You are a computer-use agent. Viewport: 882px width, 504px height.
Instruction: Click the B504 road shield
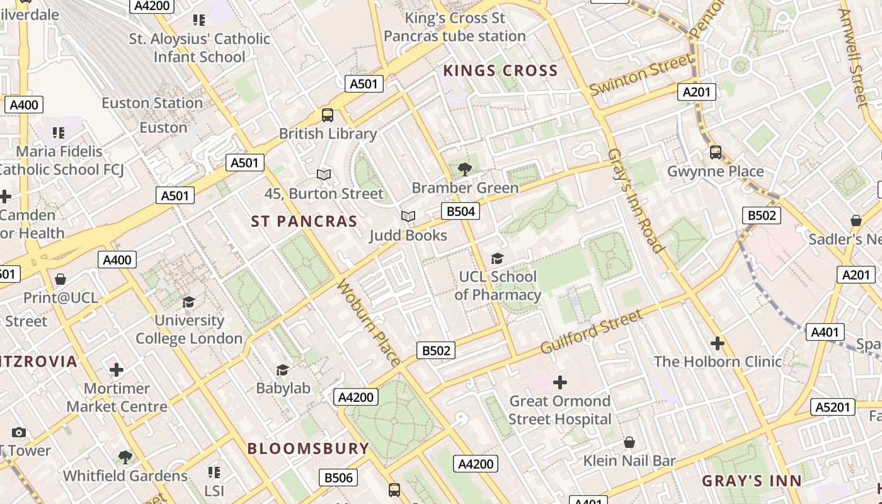(460, 211)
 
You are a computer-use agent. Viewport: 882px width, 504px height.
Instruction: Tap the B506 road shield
(338, 478)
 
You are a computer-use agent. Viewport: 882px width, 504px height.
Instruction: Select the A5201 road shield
(832, 407)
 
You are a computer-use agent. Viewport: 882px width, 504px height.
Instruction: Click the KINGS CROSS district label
(501, 71)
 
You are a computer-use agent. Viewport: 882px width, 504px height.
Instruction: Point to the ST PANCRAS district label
(304, 222)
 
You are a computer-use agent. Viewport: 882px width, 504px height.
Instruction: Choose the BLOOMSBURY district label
(308, 449)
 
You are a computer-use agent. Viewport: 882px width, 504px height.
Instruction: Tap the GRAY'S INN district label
(752, 481)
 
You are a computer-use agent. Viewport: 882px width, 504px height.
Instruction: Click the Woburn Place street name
(369, 323)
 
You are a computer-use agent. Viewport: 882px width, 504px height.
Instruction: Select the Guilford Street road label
(592, 332)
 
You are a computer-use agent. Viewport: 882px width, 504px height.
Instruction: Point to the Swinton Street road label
(641, 75)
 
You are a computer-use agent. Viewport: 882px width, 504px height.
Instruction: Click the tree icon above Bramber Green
(465, 169)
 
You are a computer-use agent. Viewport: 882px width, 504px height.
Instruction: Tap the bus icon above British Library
(328, 115)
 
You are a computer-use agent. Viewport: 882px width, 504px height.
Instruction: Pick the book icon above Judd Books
(408, 217)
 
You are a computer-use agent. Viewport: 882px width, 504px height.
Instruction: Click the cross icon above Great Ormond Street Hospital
(559, 382)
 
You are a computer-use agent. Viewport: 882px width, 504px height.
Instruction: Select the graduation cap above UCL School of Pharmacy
(497, 258)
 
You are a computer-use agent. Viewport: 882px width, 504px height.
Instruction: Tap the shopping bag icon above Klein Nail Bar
(629, 442)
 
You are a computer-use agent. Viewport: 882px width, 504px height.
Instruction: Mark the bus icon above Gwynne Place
(716, 152)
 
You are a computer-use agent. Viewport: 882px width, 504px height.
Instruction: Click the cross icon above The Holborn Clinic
(717, 343)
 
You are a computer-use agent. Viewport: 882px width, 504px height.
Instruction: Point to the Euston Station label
(152, 103)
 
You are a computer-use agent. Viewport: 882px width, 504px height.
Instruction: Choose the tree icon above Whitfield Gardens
(125, 457)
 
